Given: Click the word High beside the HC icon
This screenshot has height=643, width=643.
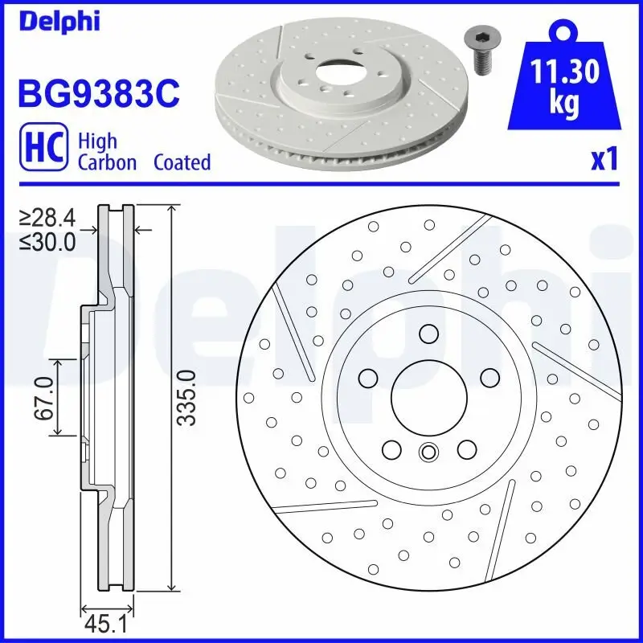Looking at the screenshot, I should (97, 141).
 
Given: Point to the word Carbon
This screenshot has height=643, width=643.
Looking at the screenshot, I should (107, 162).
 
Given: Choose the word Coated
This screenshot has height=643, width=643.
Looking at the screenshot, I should (182, 162).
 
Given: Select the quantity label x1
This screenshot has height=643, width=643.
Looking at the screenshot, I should (604, 160).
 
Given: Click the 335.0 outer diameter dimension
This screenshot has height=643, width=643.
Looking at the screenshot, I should (186, 397).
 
